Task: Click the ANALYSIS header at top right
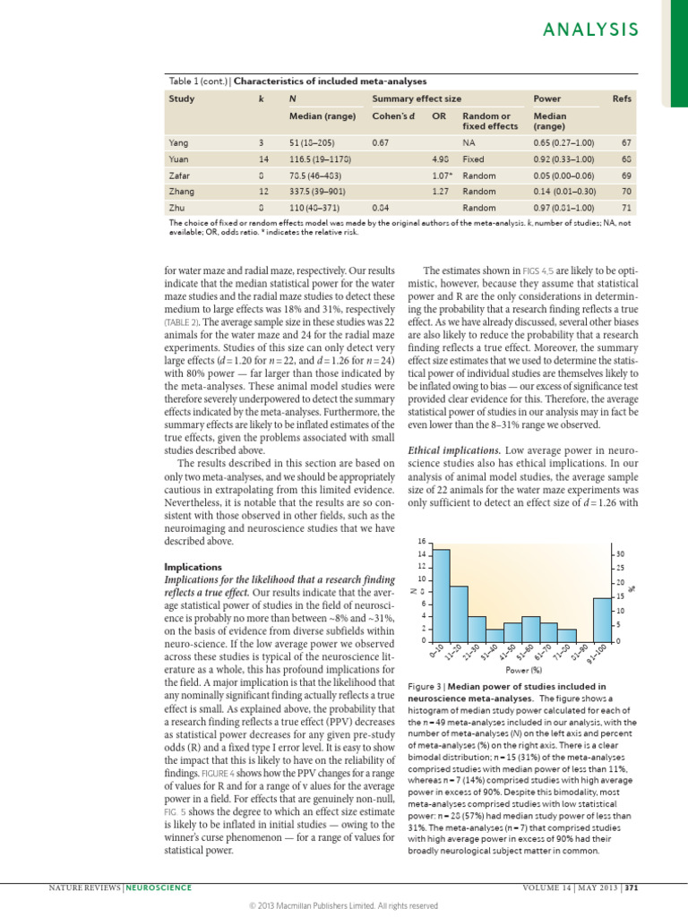(x=594, y=30)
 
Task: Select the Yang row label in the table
(x=178, y=142)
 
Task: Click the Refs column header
(x=622, y=98)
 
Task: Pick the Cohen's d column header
(x=391, y=115)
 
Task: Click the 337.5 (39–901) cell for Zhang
(x=319, y=191)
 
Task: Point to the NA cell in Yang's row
(x=468, y=142)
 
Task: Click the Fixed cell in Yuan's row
(x=473, y=159)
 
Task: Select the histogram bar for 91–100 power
(x=601, y=619)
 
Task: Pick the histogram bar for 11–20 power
(x=459, y=613)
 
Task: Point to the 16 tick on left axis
(x=422, y=542)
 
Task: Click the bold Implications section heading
(x=193, y=567)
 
